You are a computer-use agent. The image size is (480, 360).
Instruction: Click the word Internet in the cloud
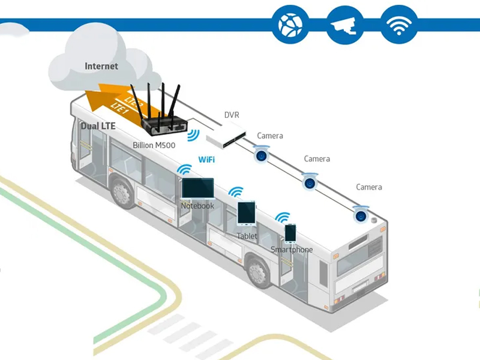[x=101, y=66]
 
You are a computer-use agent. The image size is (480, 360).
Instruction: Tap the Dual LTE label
[x=98, y=127]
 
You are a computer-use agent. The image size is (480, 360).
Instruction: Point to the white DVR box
[x=226, y=134]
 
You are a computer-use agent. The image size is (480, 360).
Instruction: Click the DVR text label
[x=232, y=115]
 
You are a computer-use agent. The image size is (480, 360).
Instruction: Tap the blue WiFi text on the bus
[x=206, y=160]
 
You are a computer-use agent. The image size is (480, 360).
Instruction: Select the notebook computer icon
[x=197, y=189]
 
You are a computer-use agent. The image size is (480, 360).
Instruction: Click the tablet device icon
[x=246, y=214]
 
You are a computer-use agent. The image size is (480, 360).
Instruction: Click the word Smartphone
[x=292, y=250]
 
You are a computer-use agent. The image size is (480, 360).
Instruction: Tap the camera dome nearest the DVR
[x=261, y=155]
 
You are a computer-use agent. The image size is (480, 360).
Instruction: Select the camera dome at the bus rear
[x=361, y=214]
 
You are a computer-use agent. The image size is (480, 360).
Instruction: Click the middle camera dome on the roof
[x=310, y=181]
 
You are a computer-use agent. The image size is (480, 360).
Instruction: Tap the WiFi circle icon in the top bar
[x=399, y=25]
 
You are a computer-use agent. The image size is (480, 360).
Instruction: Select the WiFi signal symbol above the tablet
[x=236, y=193]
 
